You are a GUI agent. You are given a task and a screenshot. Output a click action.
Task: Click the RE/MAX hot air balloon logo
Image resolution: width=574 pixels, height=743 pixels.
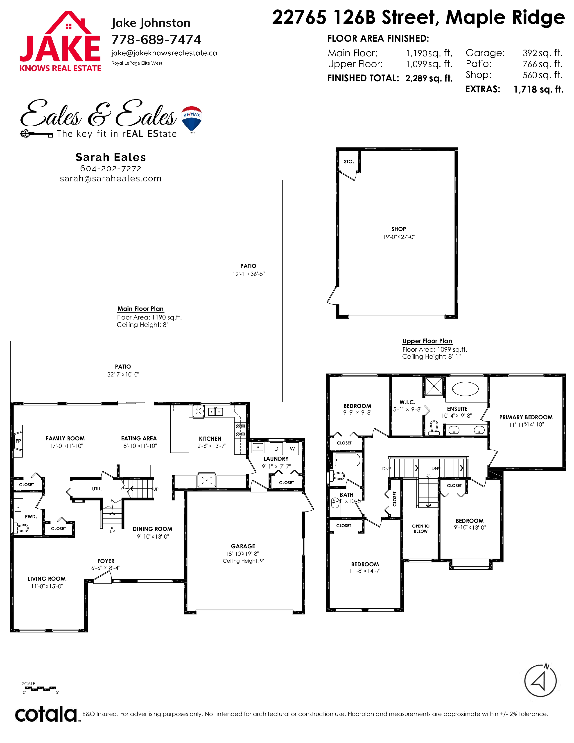pos(192,119)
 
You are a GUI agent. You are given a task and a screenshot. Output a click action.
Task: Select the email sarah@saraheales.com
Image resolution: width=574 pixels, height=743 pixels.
pos(111,179)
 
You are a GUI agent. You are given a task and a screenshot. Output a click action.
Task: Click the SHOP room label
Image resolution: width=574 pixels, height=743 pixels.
pos(398,229)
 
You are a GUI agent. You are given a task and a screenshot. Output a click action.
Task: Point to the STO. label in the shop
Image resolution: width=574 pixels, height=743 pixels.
pos(349,162)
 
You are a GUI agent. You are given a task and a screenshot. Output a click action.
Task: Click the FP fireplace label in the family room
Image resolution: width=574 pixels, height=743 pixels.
pos(18,441)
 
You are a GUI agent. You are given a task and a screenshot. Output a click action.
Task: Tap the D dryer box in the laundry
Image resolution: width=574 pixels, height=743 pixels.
pos(276,449)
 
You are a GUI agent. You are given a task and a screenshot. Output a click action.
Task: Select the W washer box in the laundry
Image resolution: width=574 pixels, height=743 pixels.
pos(292,449)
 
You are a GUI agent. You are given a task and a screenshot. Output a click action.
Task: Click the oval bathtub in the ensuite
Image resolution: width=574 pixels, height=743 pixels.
pos(465,389)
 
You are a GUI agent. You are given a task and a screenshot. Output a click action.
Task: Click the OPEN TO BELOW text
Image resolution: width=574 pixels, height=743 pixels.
pos(421,528)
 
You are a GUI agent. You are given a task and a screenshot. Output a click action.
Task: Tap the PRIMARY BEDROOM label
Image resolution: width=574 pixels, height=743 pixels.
pos(526,417)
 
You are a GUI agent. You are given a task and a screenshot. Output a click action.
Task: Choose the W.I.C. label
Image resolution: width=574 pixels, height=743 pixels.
pos(407,402)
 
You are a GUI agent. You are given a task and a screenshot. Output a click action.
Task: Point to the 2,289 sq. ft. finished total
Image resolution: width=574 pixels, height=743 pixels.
pos(429,78)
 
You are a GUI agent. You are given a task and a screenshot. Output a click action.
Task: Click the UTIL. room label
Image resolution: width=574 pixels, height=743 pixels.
pos(97,489)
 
